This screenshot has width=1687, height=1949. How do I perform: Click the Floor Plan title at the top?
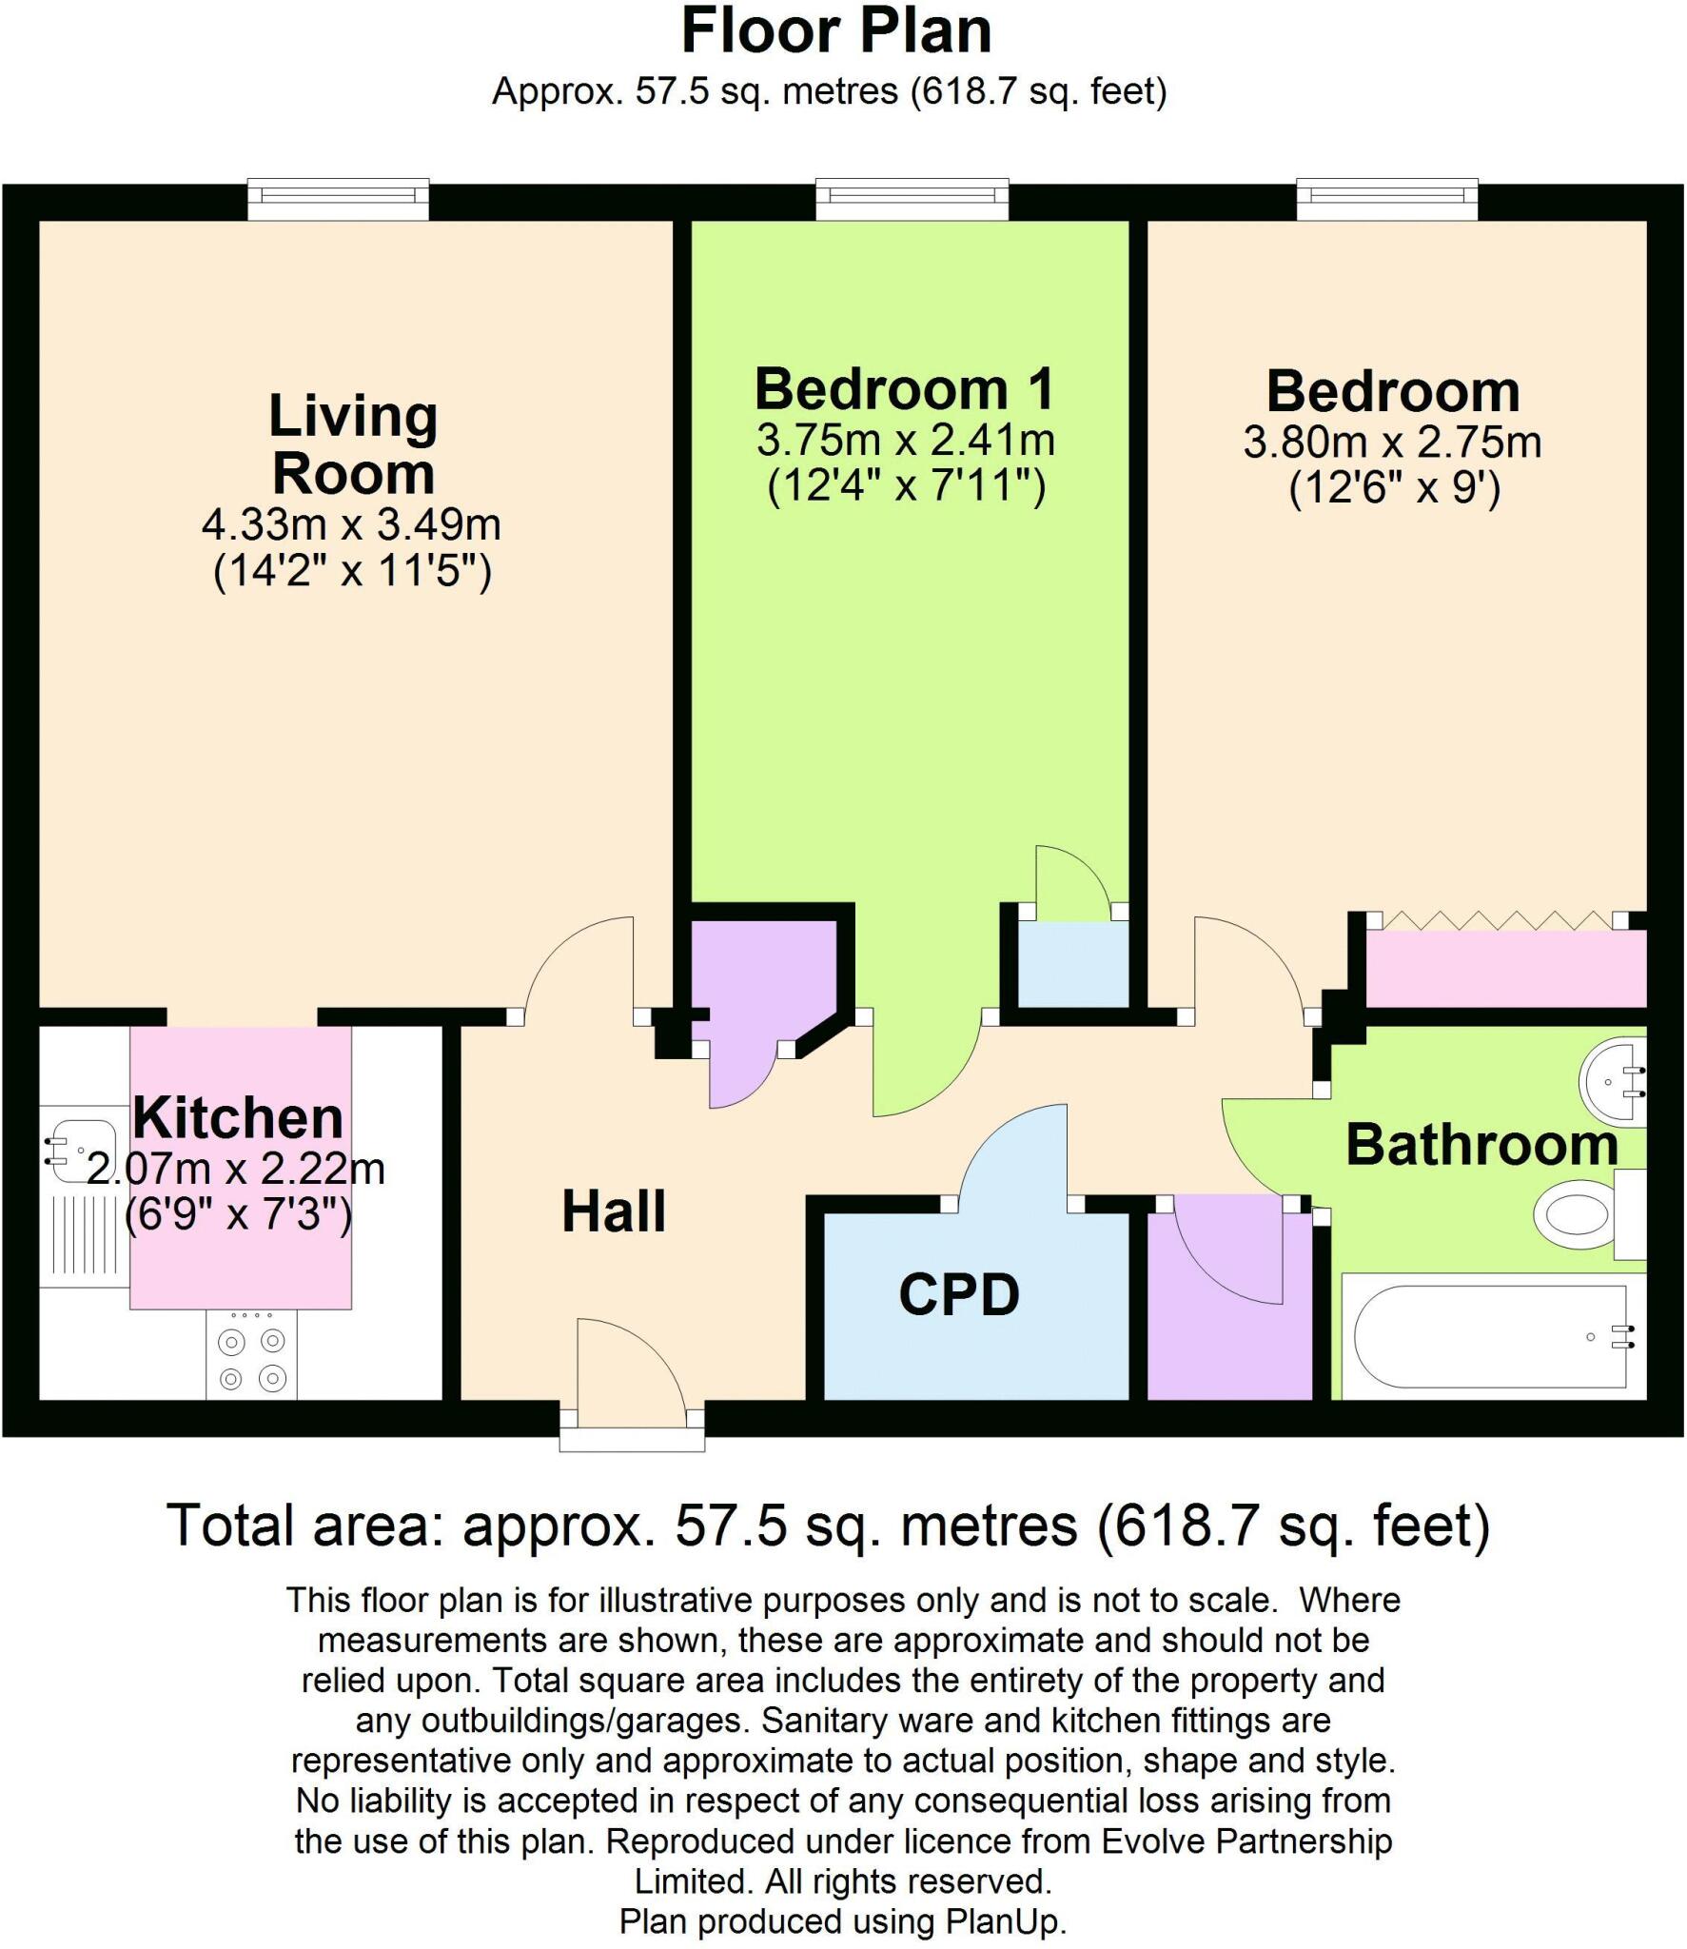click(836, 31)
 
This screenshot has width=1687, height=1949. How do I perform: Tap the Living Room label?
click(353, 443)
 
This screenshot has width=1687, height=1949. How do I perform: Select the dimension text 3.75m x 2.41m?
click(906, 441)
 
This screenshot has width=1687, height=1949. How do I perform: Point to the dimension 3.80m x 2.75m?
click(1392, 443)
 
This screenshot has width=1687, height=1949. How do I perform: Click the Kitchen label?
click(238, 1117)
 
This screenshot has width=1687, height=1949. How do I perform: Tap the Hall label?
click(614, 1211)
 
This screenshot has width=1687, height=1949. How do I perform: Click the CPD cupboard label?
click(959, 1294)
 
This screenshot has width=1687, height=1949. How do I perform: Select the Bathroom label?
click(1481, 1144)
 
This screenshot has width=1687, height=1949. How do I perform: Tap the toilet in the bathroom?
click(1579, 1214)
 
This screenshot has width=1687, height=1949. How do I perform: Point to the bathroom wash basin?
click(1613, 1082)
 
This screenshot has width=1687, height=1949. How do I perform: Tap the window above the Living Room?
click(338, 198)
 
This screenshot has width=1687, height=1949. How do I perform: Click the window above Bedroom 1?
click(912, 198)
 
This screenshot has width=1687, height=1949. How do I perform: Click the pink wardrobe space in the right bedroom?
click(1505, 969)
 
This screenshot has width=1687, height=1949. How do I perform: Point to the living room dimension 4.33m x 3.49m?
click(351, 524)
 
